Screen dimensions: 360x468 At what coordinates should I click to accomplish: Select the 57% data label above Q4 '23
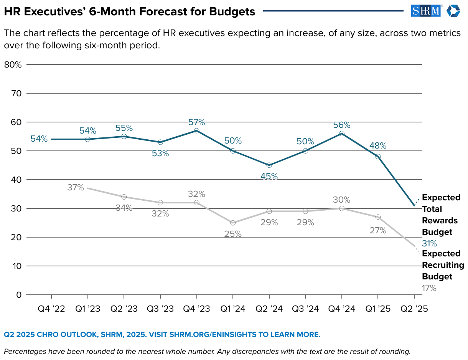[196, 122]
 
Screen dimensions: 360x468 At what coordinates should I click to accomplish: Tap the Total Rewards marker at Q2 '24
[269, 165]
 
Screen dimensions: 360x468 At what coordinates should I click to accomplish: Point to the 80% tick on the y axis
[13, 64]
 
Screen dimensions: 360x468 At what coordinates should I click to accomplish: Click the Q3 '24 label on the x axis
[305, 309]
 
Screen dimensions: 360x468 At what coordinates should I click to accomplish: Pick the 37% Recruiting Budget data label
[75, 188]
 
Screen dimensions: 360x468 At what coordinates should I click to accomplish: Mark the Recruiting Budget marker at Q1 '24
[233, 223]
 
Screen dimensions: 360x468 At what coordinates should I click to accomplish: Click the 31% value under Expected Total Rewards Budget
[429, 243]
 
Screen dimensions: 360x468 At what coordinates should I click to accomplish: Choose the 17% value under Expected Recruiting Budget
[429, 288]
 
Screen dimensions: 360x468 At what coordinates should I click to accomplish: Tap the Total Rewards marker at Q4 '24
[341, 134]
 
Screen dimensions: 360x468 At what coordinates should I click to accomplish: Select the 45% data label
[269, 176]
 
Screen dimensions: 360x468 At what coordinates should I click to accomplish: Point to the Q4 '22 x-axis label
[51, 309]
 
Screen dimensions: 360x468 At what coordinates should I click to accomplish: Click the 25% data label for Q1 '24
[233, 234]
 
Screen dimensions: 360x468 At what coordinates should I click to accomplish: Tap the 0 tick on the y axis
[18, 295]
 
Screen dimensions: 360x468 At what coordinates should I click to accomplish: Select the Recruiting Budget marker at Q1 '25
[378, 217]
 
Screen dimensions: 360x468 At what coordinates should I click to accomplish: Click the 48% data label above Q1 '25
[378, 146]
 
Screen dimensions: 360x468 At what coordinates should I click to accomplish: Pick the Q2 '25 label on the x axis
[414, 309]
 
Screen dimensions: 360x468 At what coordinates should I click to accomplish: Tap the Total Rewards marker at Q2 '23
[124, 136]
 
